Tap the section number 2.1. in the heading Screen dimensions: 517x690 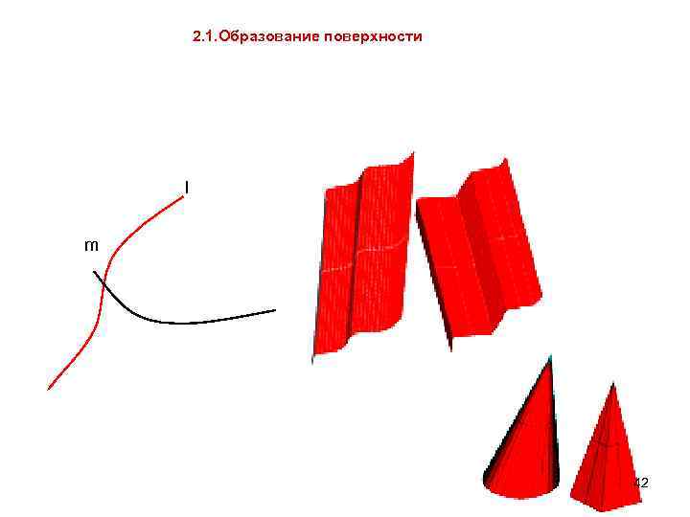pos(204,37)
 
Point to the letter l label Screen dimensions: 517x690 pos(187,187)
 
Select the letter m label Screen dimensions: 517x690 pos(91,245)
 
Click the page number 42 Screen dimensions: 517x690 pos(641,483)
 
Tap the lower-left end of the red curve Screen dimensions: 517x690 pos(49,388)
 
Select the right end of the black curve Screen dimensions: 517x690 pos(275,310)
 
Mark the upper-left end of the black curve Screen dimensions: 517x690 pos(94,272)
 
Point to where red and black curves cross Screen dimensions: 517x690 pos(103,284)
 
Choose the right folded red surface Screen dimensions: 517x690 pos(479,254)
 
